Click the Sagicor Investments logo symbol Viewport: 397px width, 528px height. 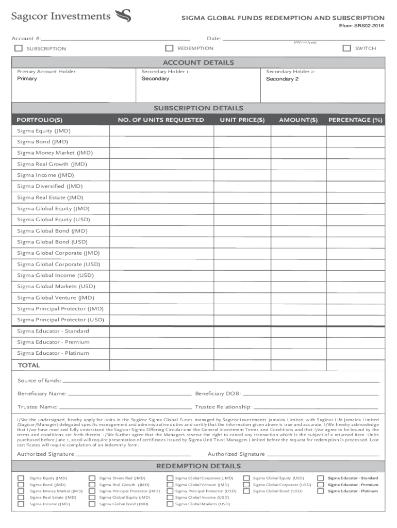[124, 16]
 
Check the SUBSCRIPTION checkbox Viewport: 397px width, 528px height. [19, 48]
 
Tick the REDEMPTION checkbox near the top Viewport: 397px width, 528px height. [169, 48]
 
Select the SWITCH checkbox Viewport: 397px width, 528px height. [346, 48]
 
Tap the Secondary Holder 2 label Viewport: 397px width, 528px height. [290, 72]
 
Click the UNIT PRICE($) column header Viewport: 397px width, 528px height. [242, 120]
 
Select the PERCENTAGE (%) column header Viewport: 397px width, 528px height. [355, 120]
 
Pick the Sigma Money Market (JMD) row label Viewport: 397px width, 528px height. [55, 153]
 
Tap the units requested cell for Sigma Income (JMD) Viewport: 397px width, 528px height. [161, 175]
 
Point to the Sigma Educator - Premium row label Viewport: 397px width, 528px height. [53, 342]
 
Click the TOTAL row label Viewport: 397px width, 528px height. [29, 365]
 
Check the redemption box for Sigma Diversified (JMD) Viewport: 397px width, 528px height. [92, 478]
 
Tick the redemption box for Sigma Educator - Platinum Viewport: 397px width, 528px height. [321, 491]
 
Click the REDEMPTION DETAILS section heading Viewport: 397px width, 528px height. [198, 466]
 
